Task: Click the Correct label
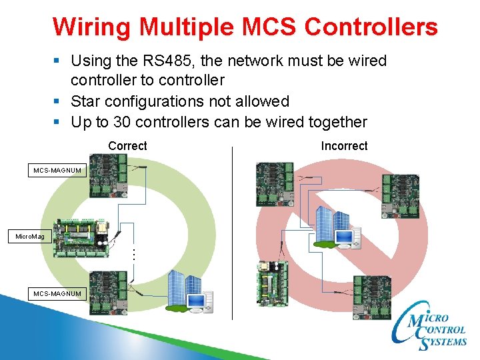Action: (x=127, y=145)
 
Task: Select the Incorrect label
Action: (x=344, y=145)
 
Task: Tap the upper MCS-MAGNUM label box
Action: (x=58, y=171)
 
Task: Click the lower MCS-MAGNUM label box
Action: (x=58, y=293)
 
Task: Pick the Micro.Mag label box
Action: (x=30, y=236)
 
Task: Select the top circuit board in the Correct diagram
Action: (x=108, y=175)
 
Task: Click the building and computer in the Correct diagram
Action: (x=190, y=292)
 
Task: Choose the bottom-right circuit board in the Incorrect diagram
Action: (x=371, y=297)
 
